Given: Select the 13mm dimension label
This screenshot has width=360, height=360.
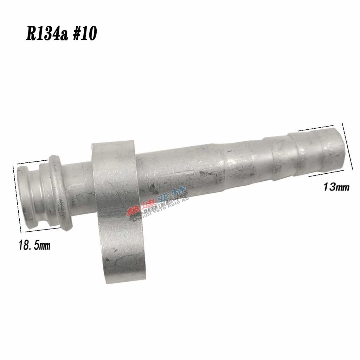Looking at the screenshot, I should pos(336,187).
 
